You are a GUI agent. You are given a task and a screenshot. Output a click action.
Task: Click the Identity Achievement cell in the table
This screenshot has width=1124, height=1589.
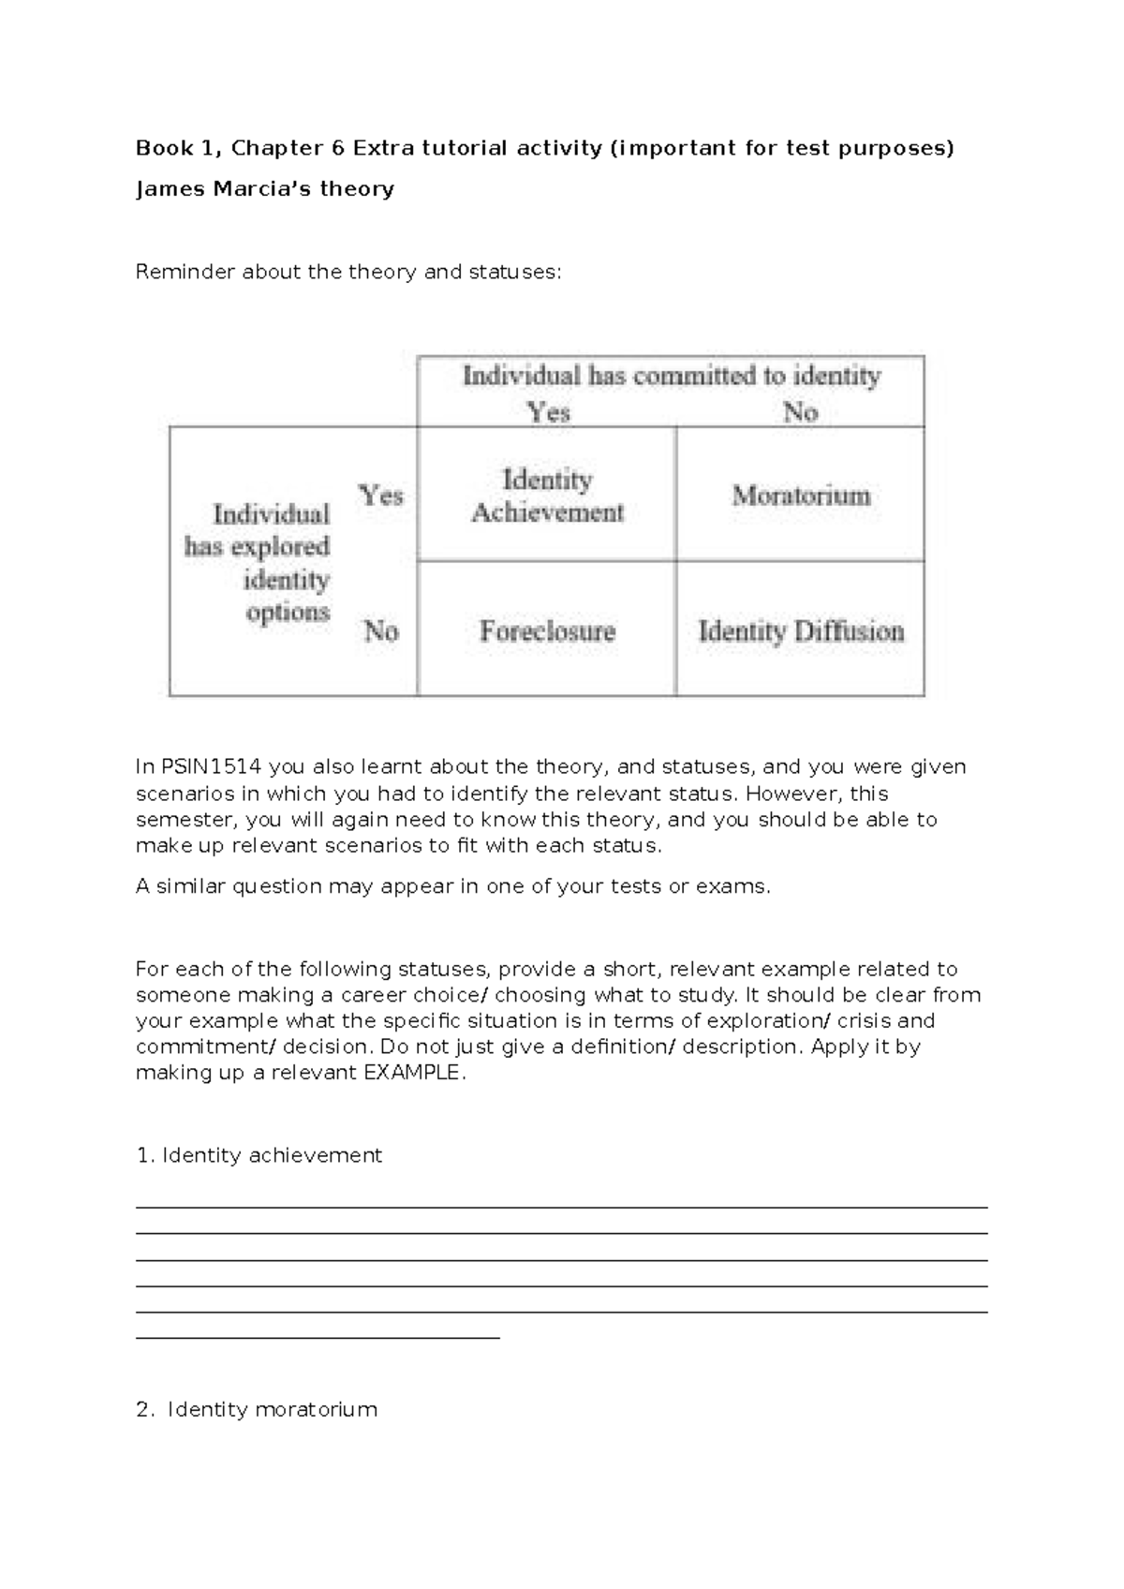pos(547,496)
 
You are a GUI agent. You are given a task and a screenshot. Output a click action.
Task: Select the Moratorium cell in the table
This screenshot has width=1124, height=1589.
pos(801,495)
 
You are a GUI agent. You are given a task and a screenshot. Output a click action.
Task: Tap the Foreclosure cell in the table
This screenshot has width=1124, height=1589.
pos(547,631)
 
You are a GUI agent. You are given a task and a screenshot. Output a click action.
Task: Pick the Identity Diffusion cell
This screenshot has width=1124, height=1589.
pos(801,631)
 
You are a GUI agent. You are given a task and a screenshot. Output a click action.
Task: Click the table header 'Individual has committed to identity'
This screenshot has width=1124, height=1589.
pos(672,377)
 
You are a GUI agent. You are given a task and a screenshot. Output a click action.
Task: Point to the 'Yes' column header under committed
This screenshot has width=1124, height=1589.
pos(548,412)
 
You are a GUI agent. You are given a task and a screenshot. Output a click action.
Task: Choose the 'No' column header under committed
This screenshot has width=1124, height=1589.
pos(800,412)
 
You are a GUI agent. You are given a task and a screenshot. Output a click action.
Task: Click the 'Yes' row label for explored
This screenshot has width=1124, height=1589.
pos(380,495)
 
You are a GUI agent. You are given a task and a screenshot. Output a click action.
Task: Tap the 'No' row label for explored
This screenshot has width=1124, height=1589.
pos(380,631)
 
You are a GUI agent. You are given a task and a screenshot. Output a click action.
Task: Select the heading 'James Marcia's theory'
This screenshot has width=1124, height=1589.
pos(265,189)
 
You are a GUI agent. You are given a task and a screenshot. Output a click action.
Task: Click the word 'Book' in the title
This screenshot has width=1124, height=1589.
pos(163,148)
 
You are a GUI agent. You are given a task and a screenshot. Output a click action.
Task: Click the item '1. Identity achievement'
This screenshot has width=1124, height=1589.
pos(259,1155)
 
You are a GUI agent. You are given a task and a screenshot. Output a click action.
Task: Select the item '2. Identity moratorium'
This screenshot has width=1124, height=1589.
pos(257,1409)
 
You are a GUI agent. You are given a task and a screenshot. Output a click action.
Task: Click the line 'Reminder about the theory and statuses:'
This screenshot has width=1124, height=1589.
pos(348,273)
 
